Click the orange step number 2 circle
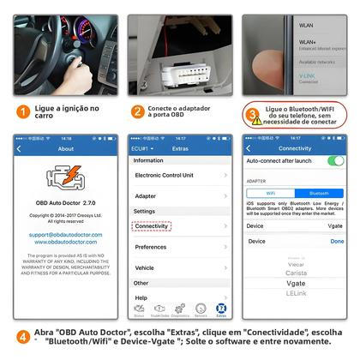(x=137, y=112)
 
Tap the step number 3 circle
(x=253, y=113)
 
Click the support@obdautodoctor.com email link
(x=65, y=234)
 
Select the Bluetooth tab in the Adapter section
(x=319, y=193)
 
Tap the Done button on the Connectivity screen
(x=336, y=242)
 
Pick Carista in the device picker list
(x=295, y=273)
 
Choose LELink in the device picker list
(x=295, y=294)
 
